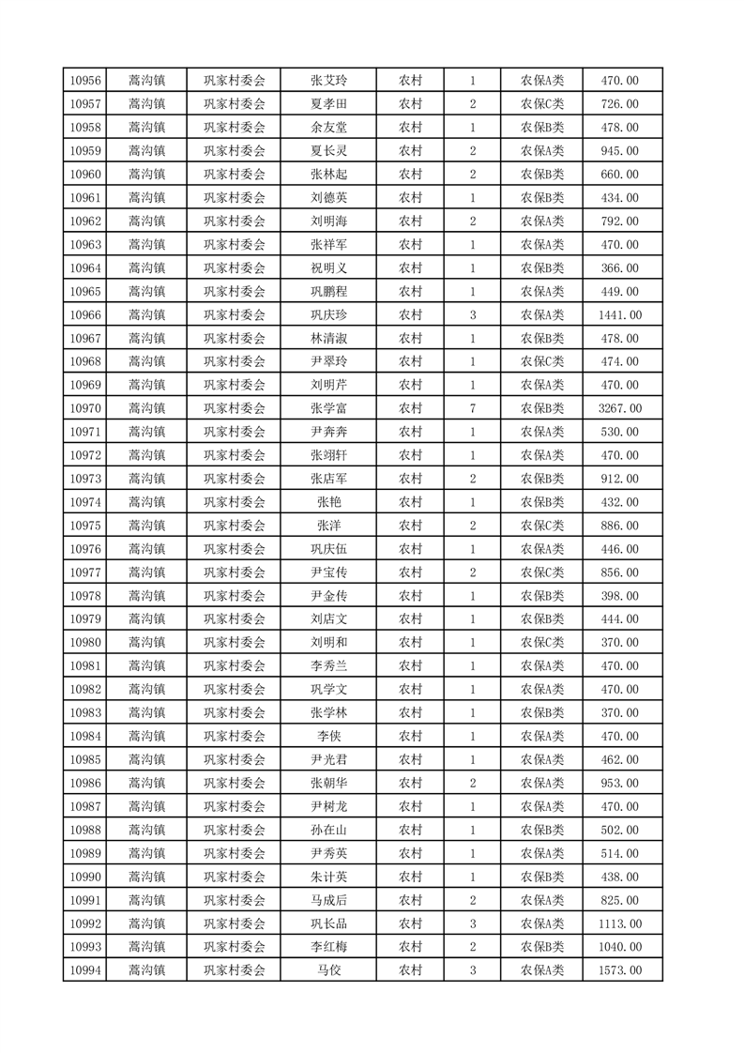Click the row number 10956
[85, 81]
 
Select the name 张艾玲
[328, 81]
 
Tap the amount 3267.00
[620, 408]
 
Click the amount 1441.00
[620, 314]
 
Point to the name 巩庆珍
[328, 314]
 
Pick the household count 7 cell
[472, 408]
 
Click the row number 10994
[85, 969]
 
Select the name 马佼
[328, 969]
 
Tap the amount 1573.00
[620, 969]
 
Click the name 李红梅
[328, 946]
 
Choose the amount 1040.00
[620, 946]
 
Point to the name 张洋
[328, 526]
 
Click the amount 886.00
[620, 526]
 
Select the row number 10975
[85, 526]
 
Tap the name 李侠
[328, 736]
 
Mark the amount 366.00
[620, 267]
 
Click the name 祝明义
[328, 267]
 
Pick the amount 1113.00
[620, 923]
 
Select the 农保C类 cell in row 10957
[542, 104]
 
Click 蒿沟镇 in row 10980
[147, 642]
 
